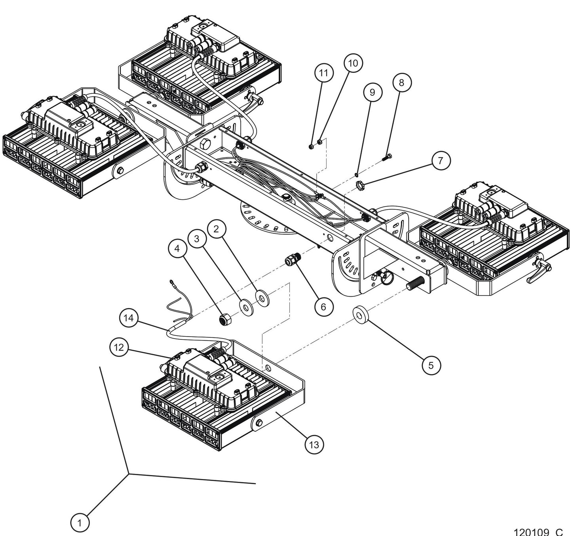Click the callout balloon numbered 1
tap(80, 523)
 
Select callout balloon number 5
tap(431, 365)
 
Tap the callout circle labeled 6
tap(324, 306)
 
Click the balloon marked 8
tap(402, 82)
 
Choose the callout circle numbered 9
tap(372, 92)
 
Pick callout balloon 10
tap(353, 63)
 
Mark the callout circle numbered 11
tap(324, 73)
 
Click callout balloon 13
tap(314, 445)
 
